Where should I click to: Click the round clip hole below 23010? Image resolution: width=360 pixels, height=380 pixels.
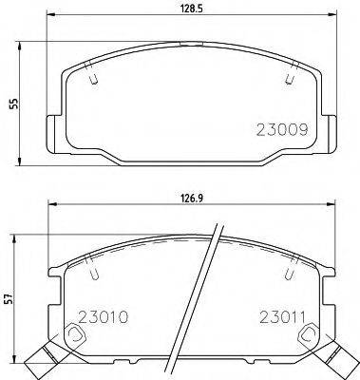coord(75,335)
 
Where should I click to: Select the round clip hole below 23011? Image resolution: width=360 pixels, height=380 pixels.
coord(306,335)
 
